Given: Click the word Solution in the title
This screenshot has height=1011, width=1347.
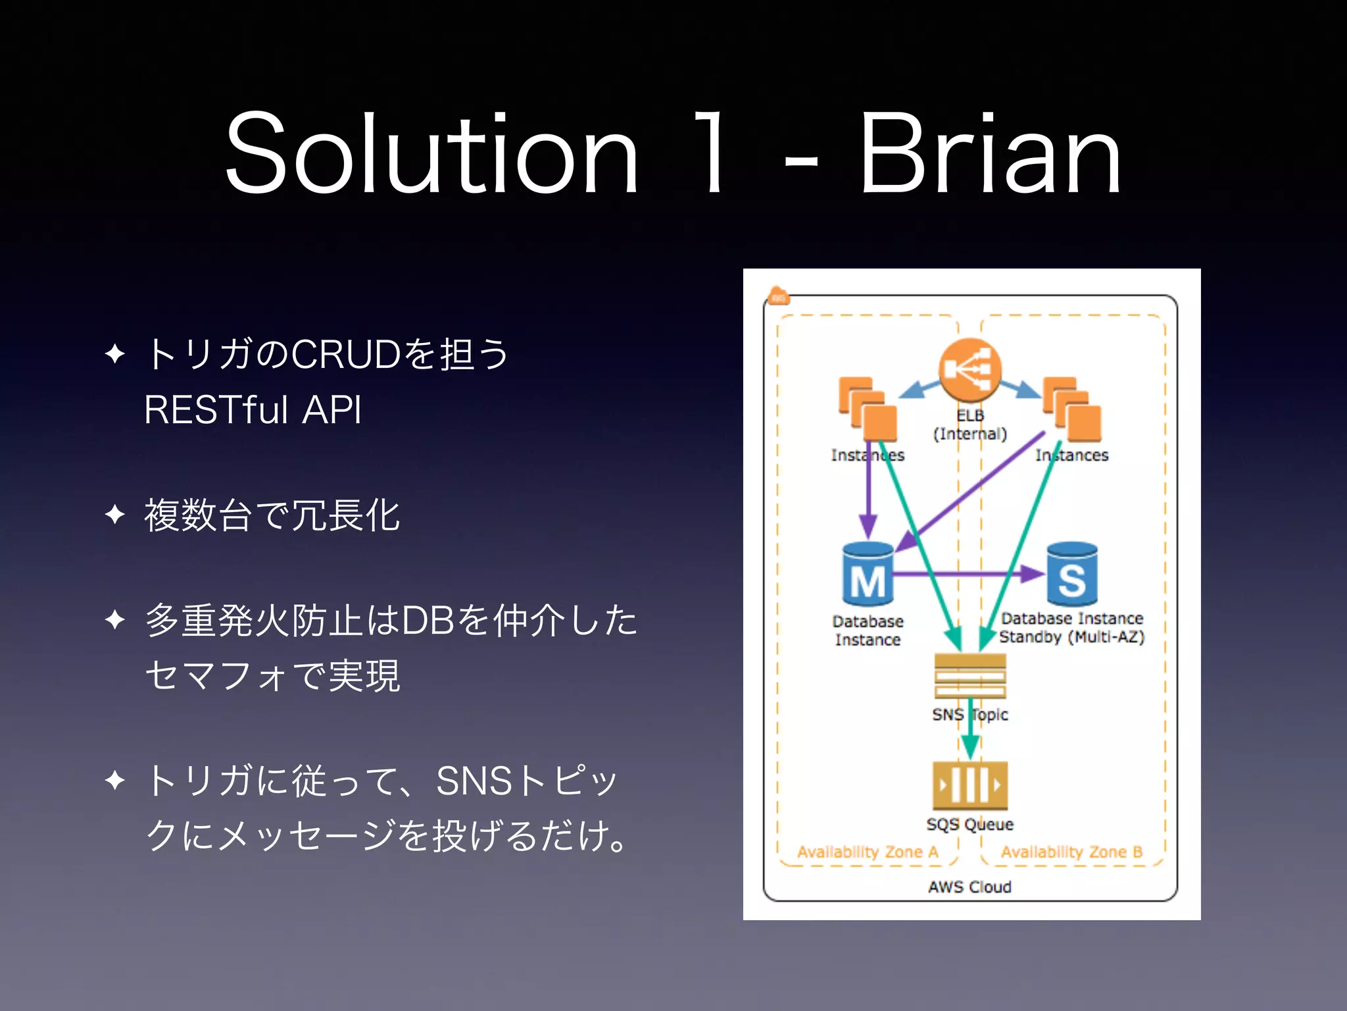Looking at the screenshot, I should click(x=431, y=155).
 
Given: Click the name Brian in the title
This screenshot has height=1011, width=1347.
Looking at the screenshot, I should click(x=990, y=155).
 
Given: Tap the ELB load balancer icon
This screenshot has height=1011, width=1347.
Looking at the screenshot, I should click(x=969, y=371).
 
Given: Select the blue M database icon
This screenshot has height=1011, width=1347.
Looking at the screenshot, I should click(x=868, y=574).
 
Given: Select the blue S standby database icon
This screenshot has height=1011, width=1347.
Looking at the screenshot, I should click(x=1072, y=574).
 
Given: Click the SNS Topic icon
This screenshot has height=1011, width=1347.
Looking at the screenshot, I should click(x=970, y=676).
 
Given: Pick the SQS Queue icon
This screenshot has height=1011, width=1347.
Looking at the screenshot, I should click(x=970, y=785).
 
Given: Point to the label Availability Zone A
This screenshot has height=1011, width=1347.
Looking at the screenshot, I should click(x=868, y=852).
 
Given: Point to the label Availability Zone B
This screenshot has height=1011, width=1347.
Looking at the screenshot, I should click(x=1071, y=852).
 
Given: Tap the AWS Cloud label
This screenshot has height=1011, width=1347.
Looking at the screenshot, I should click(x=969, y=887).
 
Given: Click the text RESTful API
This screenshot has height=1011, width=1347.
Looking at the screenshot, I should click(x=253, y=409).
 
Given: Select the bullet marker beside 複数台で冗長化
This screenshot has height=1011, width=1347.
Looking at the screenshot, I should click(x=115, y=514).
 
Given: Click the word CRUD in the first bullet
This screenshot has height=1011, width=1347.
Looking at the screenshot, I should click(x=346, y=354).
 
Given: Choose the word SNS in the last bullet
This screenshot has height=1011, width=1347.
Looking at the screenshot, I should click(x=474, y=781).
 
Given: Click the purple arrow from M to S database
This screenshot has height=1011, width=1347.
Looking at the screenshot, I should click(x=967, y=574).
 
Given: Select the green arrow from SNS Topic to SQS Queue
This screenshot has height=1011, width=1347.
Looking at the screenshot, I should click(x=970, y=731).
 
